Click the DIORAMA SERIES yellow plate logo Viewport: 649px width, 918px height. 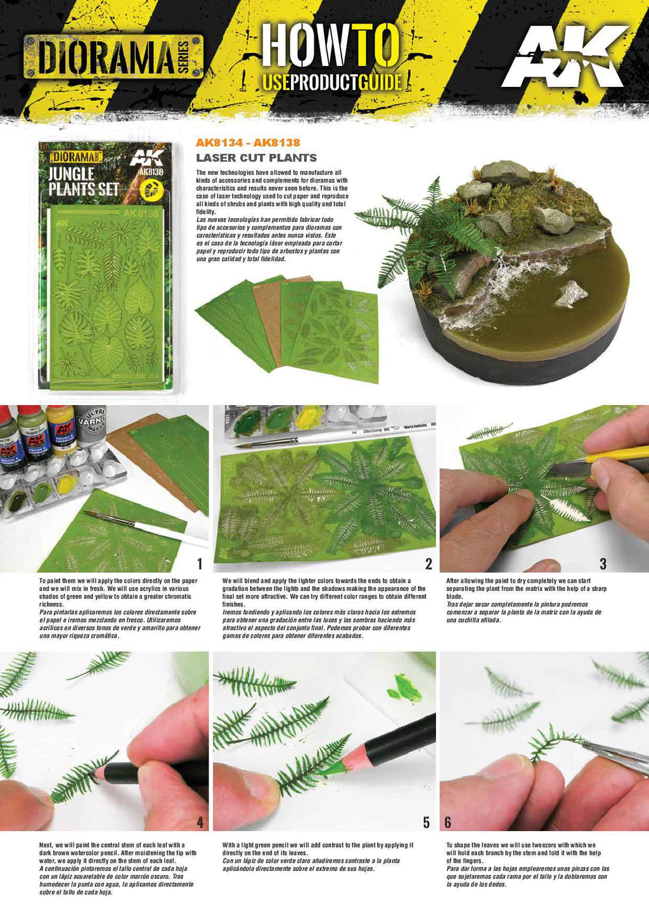pos(113,57)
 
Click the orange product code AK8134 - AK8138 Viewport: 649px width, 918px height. pos(248,143)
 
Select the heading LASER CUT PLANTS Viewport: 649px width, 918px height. pos(256,158)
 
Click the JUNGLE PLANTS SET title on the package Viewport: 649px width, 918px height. pos(83,181)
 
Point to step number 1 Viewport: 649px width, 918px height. pos(200,564)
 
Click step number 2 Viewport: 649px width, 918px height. pos(428,564)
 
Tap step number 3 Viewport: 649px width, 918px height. pos(603,564)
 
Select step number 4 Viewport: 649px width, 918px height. pos(200,822)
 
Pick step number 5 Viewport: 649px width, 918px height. pos(426,822)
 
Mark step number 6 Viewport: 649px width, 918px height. pos(447,822)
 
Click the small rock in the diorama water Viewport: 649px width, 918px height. pos(572,294)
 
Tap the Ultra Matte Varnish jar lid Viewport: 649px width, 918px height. pos(93,418)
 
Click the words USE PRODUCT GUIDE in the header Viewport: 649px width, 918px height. pos(332,82)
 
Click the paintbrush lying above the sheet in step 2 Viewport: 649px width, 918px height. pos(304,439)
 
